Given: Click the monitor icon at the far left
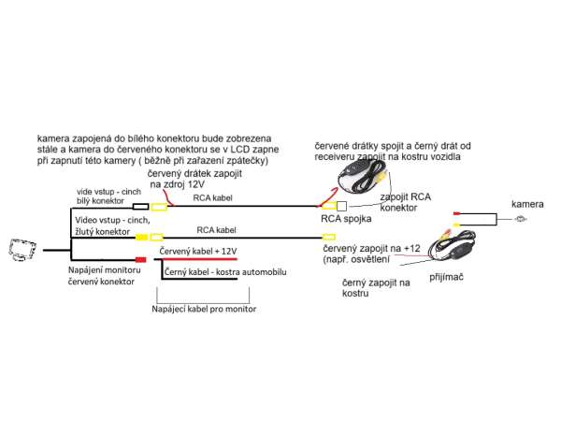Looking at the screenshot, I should [24, 250].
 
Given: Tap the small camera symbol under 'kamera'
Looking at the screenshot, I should [521, 219].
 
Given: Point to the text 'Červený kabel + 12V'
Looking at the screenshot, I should [198, 251].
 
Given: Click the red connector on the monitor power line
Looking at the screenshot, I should [140, 259].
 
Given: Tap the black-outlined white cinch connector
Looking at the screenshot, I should [141, 207].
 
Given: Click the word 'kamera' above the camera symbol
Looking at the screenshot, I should [526, 203].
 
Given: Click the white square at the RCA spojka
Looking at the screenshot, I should [341, 206].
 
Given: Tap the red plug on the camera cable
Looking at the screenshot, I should [455, 214].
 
